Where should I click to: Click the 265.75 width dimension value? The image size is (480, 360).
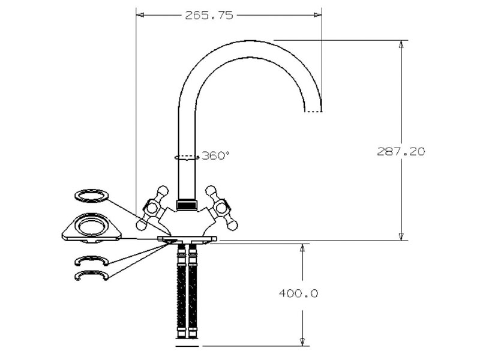pos(209,15)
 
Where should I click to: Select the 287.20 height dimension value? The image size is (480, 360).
pos(401,151)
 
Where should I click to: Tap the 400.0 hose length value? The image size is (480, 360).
pos(298,293)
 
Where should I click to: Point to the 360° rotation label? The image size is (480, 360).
pos(215,155)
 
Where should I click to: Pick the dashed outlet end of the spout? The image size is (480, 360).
pos(313,112)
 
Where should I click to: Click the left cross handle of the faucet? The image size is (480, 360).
pos(152,208)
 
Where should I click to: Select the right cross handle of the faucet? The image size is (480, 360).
pos(221,208)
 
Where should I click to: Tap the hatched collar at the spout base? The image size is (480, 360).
pos(187,205)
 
